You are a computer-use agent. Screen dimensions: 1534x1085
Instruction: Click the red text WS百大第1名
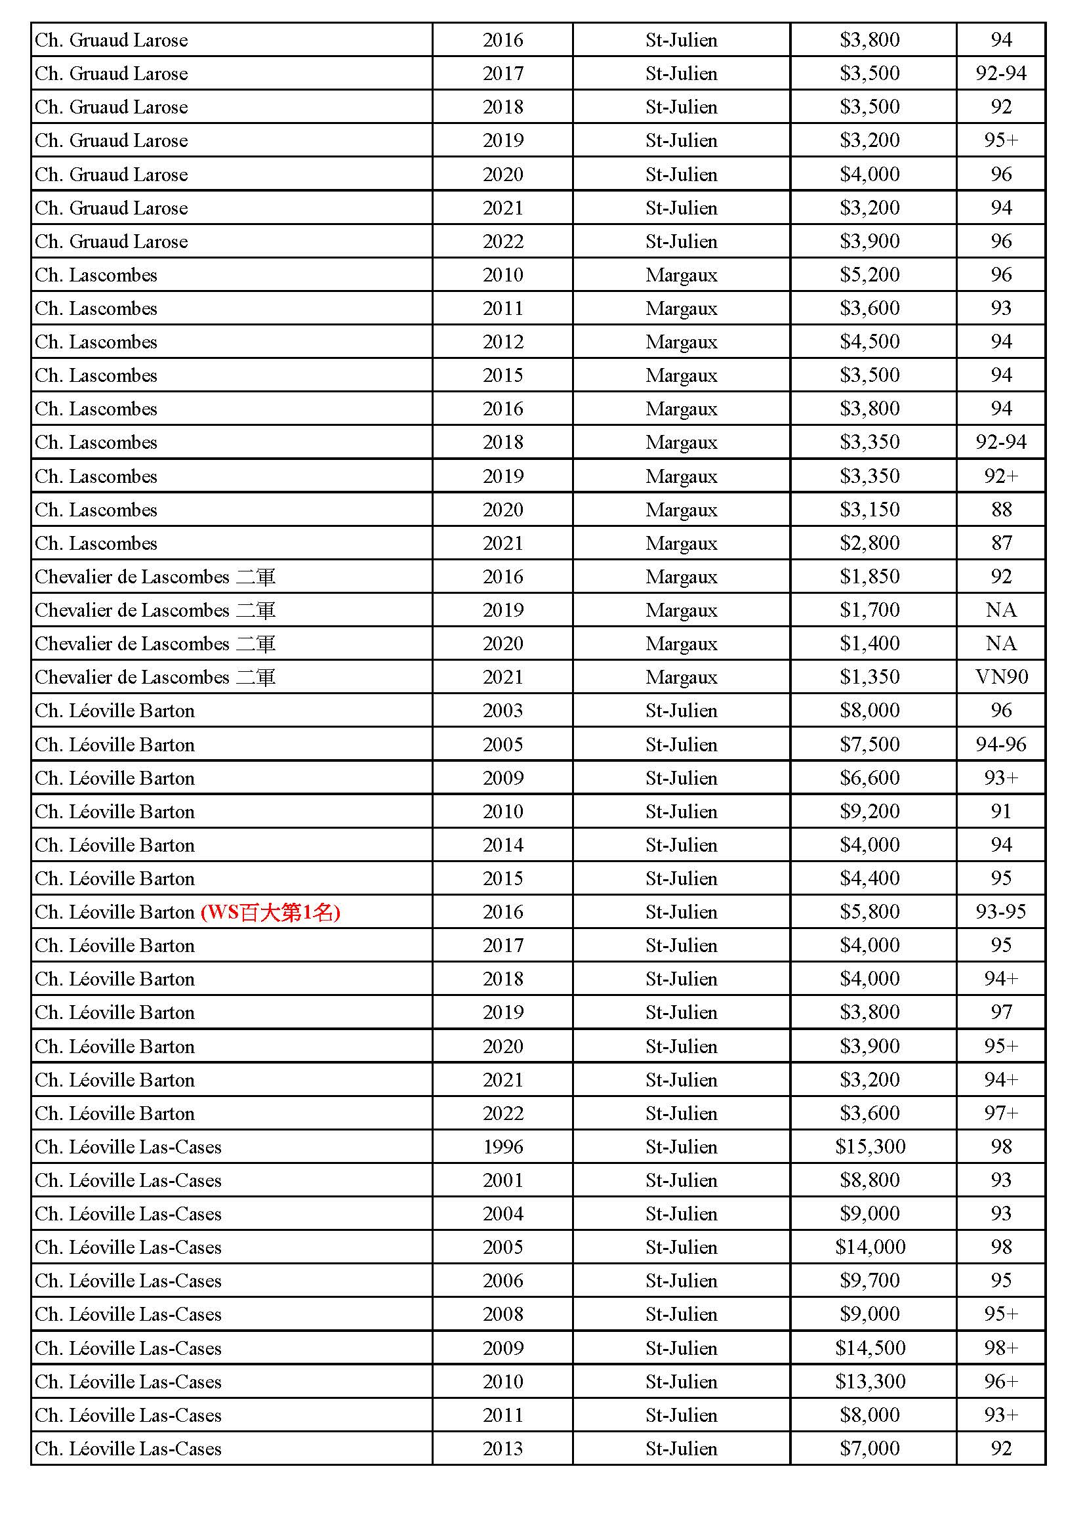(270, 912)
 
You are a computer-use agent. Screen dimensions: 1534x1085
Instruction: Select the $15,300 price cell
(870, 1146)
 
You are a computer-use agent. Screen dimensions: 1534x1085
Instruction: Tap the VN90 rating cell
(1001, 677)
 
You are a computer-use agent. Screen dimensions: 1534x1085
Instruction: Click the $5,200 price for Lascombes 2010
(870, 275)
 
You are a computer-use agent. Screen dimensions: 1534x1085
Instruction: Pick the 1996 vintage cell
(502, 1146)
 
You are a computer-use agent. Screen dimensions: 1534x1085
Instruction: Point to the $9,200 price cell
(870, 811)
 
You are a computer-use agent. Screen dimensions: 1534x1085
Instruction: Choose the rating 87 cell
(1001, 543)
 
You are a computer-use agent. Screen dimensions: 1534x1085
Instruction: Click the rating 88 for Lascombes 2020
(1001, 510)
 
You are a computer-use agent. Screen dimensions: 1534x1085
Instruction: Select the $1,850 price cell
(870, 577)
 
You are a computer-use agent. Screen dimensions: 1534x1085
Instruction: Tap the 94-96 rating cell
(1001, 744)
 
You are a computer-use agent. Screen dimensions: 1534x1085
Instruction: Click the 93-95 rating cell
(1001, 912)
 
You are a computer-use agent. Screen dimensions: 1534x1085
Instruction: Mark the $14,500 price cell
(870, 1348)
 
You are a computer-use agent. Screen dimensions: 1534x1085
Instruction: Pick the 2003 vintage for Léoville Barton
(502, 710)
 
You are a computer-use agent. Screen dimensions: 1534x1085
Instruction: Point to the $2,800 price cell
(870, 543)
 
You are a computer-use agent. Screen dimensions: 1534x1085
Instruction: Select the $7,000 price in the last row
(870, 1448)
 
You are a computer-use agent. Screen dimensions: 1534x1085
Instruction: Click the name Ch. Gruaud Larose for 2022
(112, 241)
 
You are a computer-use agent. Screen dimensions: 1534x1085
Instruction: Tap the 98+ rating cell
(1001, 1348)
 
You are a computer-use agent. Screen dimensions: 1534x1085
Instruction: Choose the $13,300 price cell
(870, 1381)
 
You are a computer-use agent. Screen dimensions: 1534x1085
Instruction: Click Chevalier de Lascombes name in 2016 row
(133, 577)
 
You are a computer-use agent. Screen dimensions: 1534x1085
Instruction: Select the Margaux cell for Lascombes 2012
(681, 342)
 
